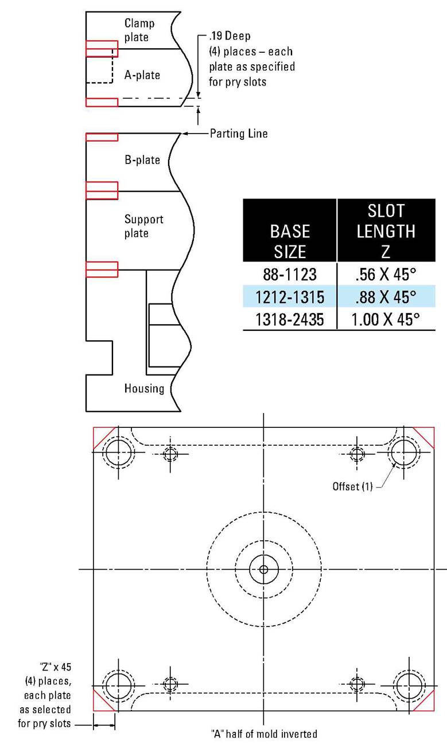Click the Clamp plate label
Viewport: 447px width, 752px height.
tap(139, 30)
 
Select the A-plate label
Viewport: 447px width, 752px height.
tap(142, 75)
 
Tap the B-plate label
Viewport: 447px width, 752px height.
tap(142, 159)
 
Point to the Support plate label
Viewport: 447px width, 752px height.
tap(144, 226)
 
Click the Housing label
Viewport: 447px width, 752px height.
tap(144, 388)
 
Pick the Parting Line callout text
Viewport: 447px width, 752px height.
tap(238, 134)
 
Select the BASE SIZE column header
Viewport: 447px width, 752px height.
tap(290, 241)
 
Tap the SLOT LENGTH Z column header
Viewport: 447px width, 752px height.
tap(386, 231)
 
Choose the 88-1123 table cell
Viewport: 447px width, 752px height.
tap(290, 274)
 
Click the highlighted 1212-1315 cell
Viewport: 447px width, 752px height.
tap(290, 297)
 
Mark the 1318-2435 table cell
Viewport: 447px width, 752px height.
tap(290, 319)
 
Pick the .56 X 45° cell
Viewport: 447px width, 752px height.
tap(386, 274)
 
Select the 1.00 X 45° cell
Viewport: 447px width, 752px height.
tap(386, 319)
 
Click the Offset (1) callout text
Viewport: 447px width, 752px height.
tap(352, 486)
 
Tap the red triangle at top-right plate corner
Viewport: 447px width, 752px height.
tap(427, 434)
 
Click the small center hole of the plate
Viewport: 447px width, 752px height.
tap(263, 569)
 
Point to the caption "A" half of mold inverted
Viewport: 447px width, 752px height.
tap(263, 734)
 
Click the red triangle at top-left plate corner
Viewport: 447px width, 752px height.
tap(100, 434)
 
